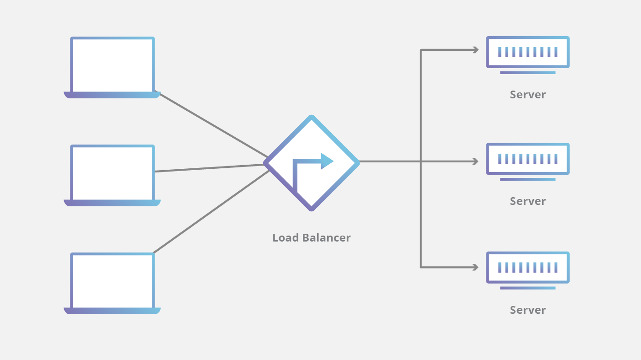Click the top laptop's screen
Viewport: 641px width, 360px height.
(112, 65)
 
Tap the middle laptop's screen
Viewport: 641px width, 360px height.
(112, 173)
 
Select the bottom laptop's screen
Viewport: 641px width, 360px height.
(112, 281)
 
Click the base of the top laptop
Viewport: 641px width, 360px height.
(112, 95)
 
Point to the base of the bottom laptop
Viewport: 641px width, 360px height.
(112, 311)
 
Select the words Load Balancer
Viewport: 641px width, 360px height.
(311, 238)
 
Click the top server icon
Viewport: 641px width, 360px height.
(528, 52)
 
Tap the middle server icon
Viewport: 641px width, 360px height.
(528, 159)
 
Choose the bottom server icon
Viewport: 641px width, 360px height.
(528, 267)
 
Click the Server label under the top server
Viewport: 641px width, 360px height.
(528, 95)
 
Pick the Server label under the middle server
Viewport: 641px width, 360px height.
(528, 201)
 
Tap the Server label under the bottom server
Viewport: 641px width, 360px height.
(528, 310)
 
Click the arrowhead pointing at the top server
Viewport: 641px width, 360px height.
(476, 50)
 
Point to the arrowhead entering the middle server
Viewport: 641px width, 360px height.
(476, 161)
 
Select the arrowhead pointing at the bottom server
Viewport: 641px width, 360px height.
(476, 267)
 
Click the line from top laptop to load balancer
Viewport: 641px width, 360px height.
(213, 125)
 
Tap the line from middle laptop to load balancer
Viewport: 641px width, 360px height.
(210, 168)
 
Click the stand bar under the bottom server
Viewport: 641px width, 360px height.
(528, 288)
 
